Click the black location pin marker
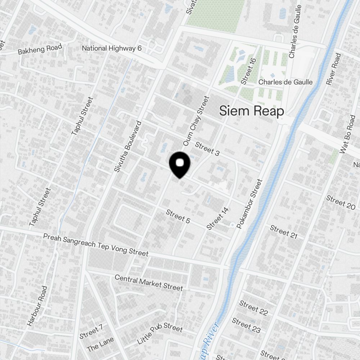[179, 164]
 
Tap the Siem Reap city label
[252, 111]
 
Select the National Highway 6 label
[112, 48]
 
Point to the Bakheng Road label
[40, 49]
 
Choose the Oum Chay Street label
[196, 121]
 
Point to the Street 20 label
[341, 202]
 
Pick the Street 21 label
[284, 232]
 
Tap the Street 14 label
[217, 218]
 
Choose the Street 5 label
[178, 216]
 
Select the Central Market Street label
[149, 283]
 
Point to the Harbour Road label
[37, 306]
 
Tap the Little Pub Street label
[160, 333]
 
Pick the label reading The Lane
[100, 344]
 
